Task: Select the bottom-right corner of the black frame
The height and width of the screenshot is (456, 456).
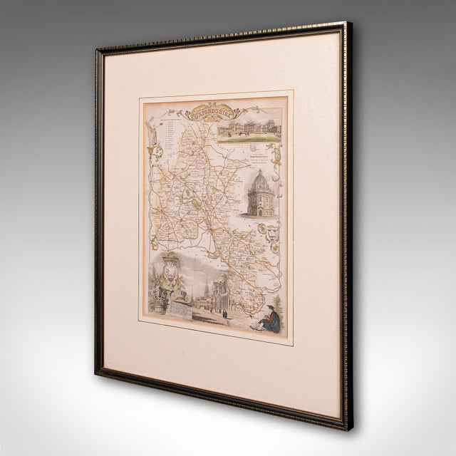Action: tap(346, 429)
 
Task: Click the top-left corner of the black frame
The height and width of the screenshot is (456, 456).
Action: tap(98, 51)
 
